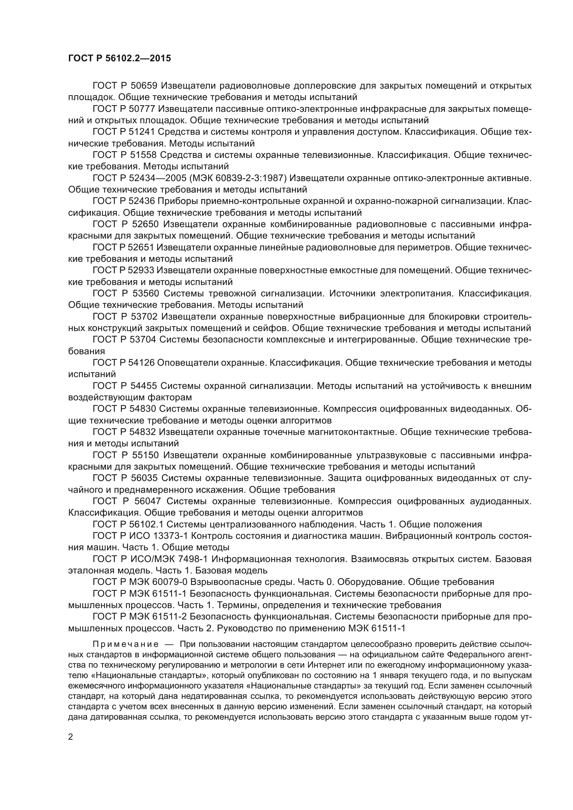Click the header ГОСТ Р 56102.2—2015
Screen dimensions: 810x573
119,58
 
